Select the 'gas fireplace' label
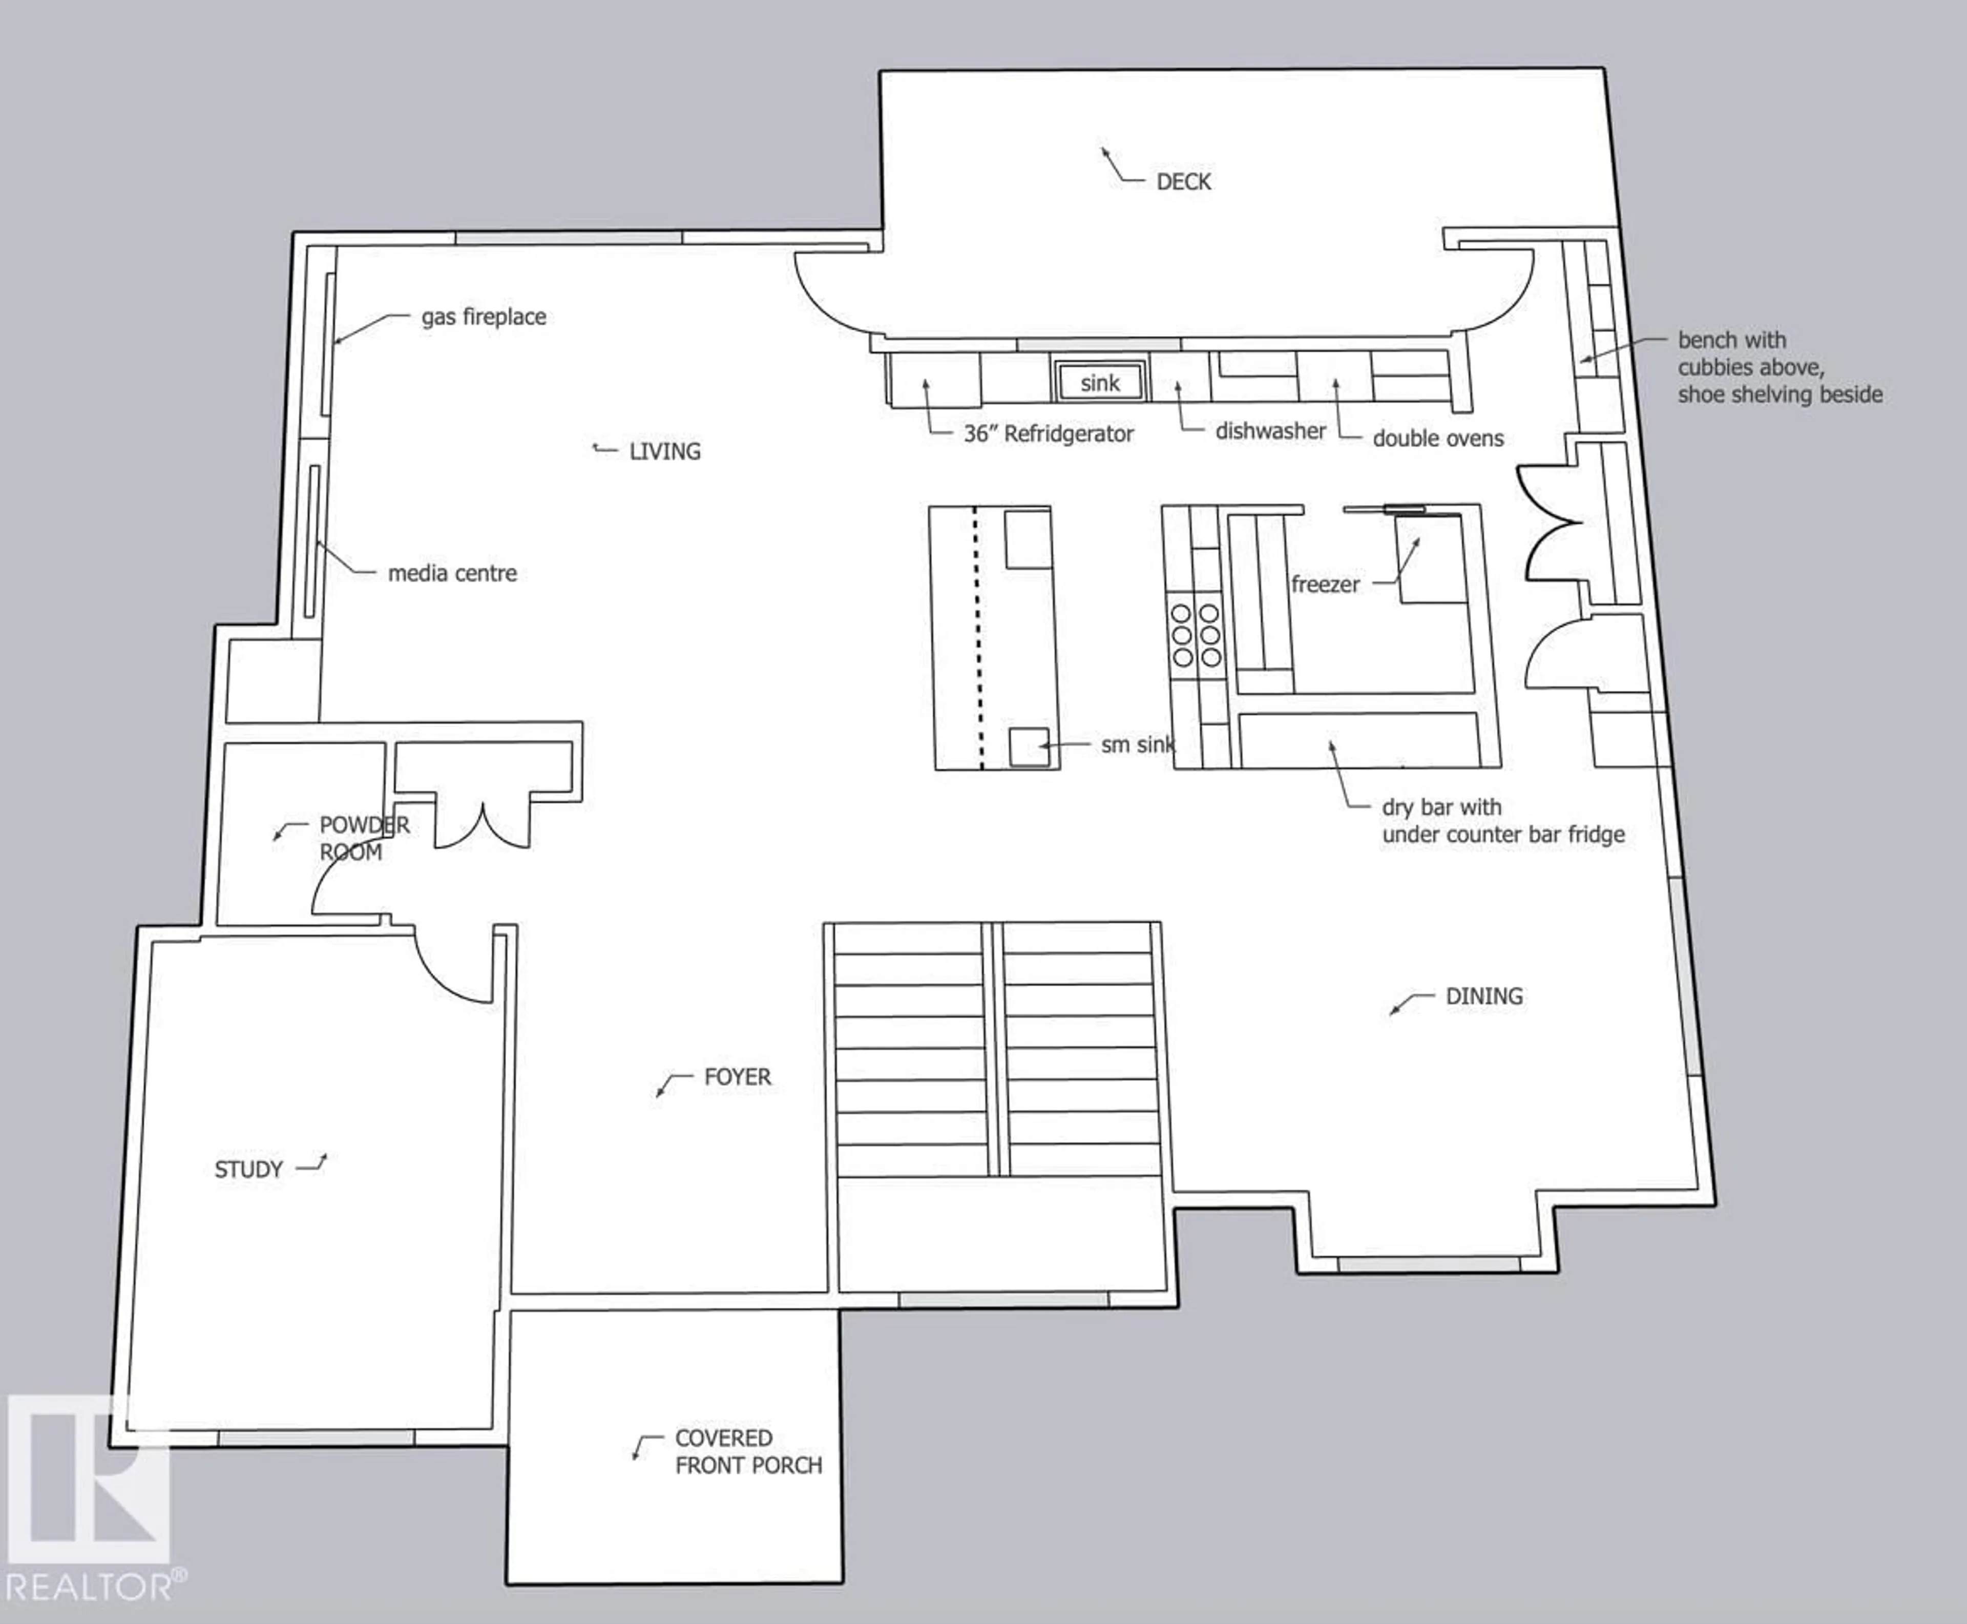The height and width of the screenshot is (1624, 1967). click(484, 317)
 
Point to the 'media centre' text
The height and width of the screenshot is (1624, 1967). click(452, 573)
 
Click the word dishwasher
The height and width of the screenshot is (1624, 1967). click(1270, 431)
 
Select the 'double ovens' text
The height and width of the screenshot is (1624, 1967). click(1438, 439)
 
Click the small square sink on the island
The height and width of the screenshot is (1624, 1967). click(1029, 745)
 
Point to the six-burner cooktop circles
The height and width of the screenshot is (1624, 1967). click(1196, 635)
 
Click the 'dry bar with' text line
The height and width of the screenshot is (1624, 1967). click(1441, 807)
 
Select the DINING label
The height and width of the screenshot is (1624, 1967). click(1483, 996)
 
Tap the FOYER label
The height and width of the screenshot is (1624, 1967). click(737, 1077)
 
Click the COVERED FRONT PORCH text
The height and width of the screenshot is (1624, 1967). click(747, 1451)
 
